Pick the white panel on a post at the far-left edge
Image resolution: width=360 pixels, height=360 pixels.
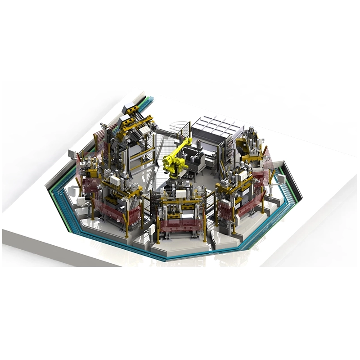tap(72, 154)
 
